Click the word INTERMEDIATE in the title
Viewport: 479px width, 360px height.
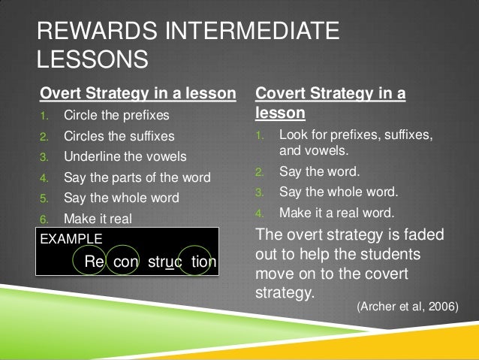252,31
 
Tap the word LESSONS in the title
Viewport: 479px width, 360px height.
92,59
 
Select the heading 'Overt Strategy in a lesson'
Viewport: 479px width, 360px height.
138,93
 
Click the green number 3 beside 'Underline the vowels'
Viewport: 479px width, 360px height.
44,157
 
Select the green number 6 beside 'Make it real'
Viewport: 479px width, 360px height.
44,219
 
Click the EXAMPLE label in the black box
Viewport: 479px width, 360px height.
71,239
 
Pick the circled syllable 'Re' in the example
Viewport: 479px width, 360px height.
94,261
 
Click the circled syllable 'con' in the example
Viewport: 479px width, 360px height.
125,262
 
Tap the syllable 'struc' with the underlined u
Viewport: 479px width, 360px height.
165,262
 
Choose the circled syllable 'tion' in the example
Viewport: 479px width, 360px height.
203,262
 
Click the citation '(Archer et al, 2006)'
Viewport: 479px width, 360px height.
408,306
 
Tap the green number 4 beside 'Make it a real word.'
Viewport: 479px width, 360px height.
259,213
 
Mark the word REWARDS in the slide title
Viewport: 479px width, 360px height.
97,31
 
